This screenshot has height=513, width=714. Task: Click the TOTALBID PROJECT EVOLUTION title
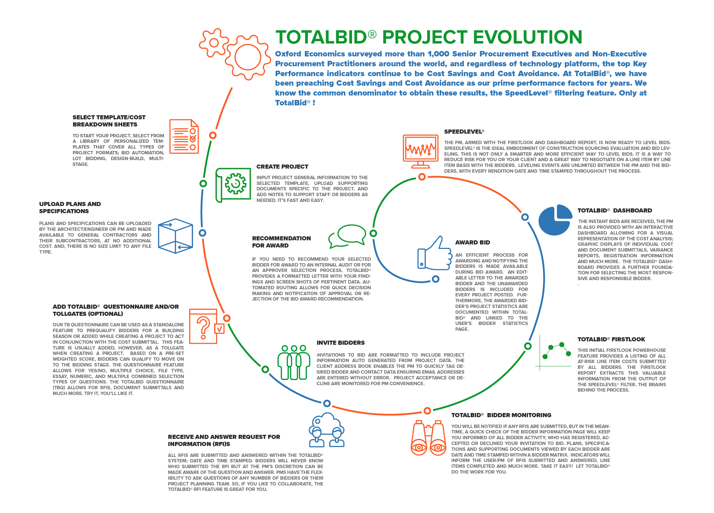pyautogui.click(x=429, y=37)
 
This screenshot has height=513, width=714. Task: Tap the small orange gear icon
pyautogui.click(x=214, y=42)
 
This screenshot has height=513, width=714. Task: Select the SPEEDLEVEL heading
pyautogui.click(x=464, y=132)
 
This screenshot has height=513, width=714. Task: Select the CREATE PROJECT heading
pyautogui.click(x=282, y=167)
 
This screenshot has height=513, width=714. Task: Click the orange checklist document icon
pyautogui.click(x=184, y=136)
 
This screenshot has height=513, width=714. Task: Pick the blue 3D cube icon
pyautogui.click(x=176, y=236)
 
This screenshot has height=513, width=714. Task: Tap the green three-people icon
pyautogui.click(x=294, y=362)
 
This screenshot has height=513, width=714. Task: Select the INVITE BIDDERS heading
pyautogui.click(x=341, y=343)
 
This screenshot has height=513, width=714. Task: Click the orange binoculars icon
pyautogui.click(x=429, y=438)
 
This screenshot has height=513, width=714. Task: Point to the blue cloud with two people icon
pyautogui.click(x=327, y=430)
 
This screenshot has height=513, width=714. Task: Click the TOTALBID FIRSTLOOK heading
pyautogui.click(x=611, y=339)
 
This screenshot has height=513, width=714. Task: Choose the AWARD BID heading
pyautogui.click(x=473, y=242)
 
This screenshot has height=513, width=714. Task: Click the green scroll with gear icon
pyautogui.click(x=233, y=185)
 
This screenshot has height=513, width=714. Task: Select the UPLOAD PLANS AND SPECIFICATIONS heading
pyautogui.click(x=70, y=207)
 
